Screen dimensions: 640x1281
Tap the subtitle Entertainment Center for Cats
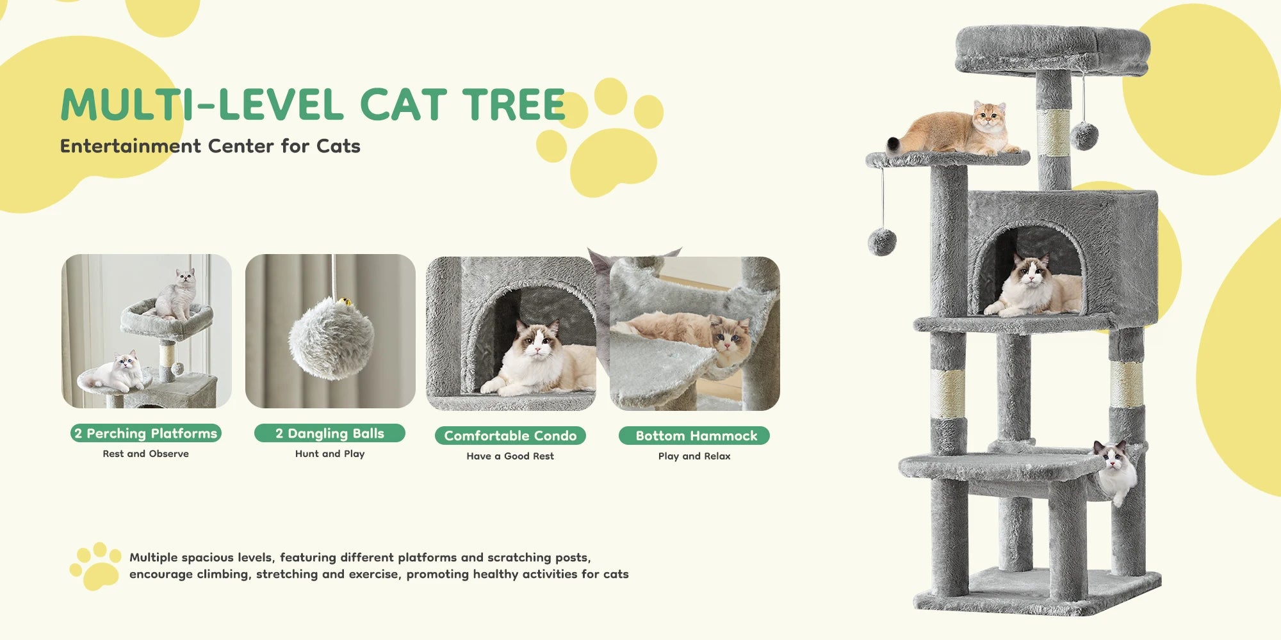210,146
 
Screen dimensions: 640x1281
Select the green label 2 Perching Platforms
146,433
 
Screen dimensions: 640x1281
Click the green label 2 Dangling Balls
330,433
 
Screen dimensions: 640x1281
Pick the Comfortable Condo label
510,436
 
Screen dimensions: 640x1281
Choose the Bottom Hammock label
694,436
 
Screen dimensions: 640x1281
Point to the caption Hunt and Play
330,454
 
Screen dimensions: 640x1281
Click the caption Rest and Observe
146,454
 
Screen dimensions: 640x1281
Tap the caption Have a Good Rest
510,456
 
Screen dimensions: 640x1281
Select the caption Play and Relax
694,456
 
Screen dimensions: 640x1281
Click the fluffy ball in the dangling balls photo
330,338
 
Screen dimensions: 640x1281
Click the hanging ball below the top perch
1084,136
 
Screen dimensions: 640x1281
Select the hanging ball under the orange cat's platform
882,241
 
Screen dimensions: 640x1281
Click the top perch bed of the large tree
1052,48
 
